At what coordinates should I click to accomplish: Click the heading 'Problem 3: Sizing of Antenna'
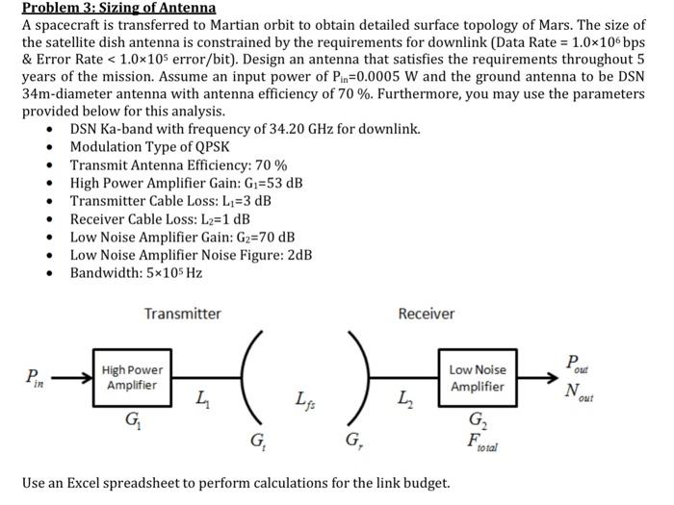pos(119,8)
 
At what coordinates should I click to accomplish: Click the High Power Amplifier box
pos(133,377)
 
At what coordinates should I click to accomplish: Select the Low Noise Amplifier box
pos(478,378)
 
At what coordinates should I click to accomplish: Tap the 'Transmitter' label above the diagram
pos(182,314)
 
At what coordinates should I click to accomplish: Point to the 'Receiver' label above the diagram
pos(427,314)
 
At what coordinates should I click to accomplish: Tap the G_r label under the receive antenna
pos(352,443)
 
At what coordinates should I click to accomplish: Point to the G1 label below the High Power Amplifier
pos(132,419)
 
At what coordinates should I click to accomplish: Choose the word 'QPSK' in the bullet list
pos(212,146)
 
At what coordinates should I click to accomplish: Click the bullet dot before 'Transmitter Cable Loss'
pos(49,201)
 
